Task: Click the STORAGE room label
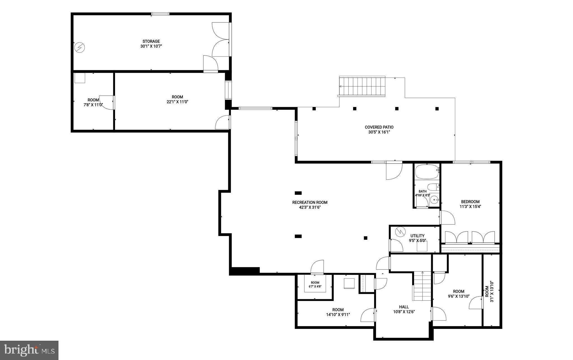151,41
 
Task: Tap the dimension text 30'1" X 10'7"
151,46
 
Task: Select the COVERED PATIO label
379,127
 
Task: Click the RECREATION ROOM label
310,202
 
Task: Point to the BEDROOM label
470,202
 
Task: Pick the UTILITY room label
417,236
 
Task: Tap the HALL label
404,307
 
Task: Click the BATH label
422,191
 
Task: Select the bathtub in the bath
427,172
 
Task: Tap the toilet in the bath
433,187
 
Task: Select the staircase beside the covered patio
362,87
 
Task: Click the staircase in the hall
422,286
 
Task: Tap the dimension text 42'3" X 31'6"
310,207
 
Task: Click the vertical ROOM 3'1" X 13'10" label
489,291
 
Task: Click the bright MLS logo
29,350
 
